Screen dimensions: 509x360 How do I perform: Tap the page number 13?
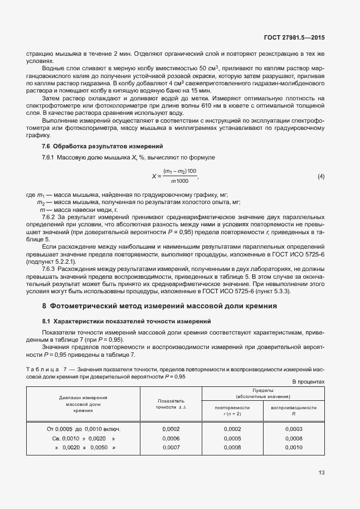click(x=321, y=473)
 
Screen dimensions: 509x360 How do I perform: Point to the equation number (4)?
click(x=321, y=177)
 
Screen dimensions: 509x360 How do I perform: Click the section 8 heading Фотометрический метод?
click(x=159, y=306)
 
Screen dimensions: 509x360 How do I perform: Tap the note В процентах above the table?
click(x=308, y=381)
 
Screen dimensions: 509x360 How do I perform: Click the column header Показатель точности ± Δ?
click(x=171, y=404)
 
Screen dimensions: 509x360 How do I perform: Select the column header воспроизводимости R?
click(x=293, y=410)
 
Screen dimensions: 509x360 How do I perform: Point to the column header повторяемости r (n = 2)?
click(x=232, y=410)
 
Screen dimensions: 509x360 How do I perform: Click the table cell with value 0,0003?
click(x=293, y=429)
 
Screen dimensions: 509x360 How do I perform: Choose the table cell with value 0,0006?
click(x=171, y=438)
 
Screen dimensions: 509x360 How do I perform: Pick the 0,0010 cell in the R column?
click(x=293, y=447)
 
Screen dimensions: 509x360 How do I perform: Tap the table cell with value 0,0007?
click(x=171, y=447)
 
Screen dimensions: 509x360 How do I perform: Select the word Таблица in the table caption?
click(x=43, y=369)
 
